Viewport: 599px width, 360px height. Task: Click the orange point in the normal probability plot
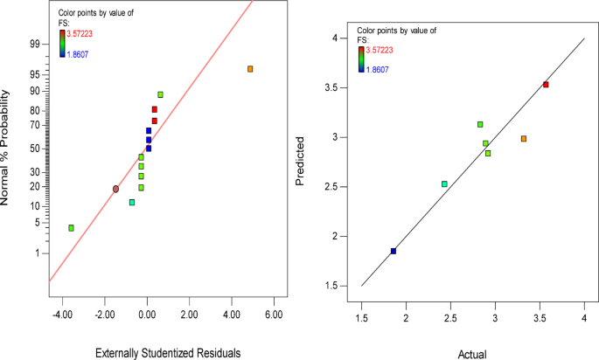point(250,68)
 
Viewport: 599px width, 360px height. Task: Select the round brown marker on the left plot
point(115,189)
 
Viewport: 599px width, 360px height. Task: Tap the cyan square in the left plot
point(132,203)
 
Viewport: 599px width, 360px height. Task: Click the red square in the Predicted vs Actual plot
point(546,85)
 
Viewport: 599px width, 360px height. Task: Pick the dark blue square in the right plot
point(394,251)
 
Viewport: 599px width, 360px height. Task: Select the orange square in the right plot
point(524,138)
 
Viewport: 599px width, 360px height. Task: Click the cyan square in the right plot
point(444,183)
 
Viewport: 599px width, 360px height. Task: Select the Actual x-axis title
point(472,352)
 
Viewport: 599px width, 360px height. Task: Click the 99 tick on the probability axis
point(34,43)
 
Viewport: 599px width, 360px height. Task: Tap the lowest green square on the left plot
point(71,228)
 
